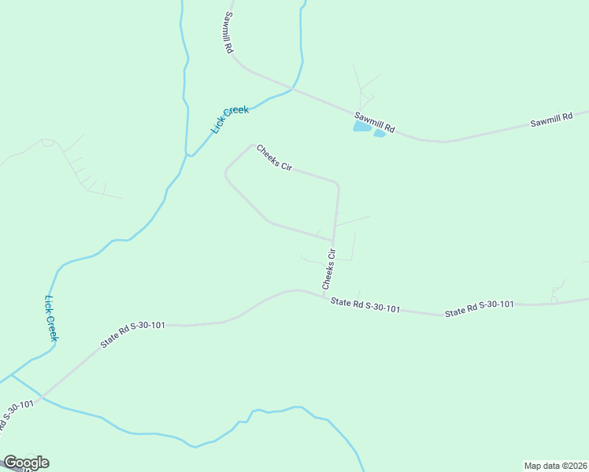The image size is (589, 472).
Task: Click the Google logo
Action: coord(26,463)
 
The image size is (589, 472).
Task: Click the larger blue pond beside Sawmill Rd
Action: coord(362,126)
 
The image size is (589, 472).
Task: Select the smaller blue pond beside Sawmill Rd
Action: coord(380,134)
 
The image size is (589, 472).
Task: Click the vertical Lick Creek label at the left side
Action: coord(51,318)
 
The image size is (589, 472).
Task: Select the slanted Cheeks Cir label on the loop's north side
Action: coord(275,157)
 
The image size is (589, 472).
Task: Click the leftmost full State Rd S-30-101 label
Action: coord(132,334)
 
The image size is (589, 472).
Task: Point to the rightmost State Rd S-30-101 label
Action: coord(480,308)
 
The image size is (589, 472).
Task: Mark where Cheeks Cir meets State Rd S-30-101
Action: coord(324,296)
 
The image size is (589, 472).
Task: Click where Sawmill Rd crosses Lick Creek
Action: coord(292,89)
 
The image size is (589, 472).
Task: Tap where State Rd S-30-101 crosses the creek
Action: coord(41,397)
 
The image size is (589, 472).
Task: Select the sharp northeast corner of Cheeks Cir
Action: coord(338,185)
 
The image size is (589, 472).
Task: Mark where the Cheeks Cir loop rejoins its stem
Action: coord(333,241)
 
